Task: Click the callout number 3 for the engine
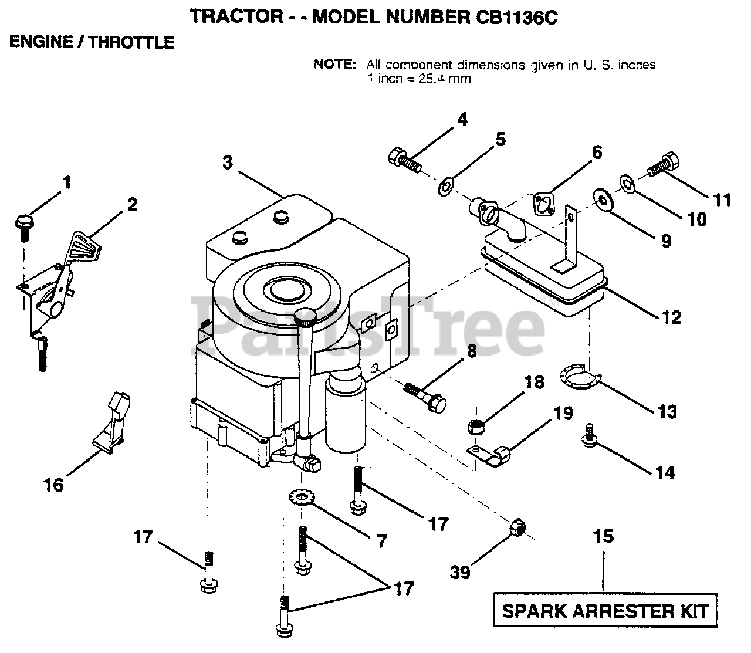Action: coord(228,162)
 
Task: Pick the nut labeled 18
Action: coord(477,426)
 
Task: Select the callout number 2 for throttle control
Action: coord(132,204)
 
